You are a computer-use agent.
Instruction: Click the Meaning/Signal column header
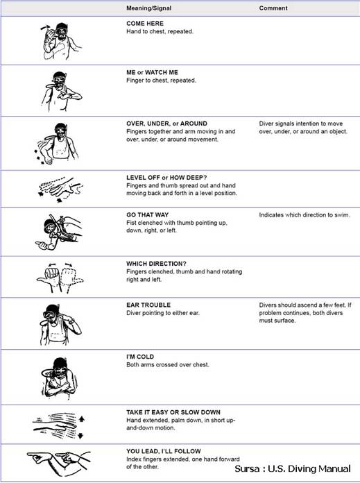click(x=148, y=8)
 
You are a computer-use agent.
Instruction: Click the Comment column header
click(x=273, y=8)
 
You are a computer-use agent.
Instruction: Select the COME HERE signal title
click(x=145, y=24)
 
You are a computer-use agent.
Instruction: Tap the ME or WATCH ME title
click(x=152, y=72)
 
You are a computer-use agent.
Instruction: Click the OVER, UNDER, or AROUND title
click(x=166, y=124)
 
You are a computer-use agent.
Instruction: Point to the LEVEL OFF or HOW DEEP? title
click(x=166, y=178)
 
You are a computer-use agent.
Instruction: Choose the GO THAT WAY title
click(x=147, y=215)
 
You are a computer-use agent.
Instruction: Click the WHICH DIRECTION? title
click(x=156, y=264)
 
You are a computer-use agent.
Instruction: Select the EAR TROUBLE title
click(x=148, y=305)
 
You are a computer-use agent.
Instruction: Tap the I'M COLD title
click(x=140, y=357)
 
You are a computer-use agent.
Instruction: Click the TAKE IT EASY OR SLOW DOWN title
click(x=173, y=412)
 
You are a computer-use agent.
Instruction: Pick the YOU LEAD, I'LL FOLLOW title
click(x=163, y=451)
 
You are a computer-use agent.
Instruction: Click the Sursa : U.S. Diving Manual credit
click(x=293, y=469)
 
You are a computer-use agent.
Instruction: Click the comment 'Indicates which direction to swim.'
click(x=305, y=215)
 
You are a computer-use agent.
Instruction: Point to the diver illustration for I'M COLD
click(x=58, y=378)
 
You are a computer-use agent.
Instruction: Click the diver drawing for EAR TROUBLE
click(x=60, y=325)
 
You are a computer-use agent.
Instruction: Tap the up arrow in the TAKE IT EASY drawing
click(x=81, y=419)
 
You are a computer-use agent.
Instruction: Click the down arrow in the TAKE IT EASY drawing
click(x=80, y=436)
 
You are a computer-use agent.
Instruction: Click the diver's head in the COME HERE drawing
click(x=62, y=31)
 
